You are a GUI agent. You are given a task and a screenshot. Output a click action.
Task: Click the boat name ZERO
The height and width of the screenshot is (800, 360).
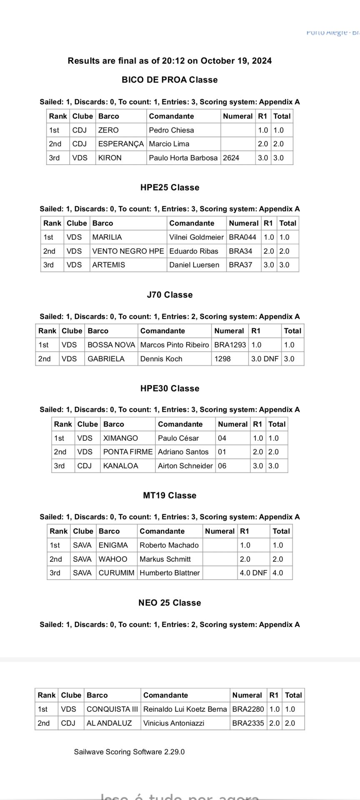pos(108,130)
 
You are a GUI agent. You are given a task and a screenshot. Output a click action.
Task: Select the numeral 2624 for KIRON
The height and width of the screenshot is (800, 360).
pos(231,158)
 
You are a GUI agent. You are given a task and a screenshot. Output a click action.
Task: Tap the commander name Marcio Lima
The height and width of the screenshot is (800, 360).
pos(169,144)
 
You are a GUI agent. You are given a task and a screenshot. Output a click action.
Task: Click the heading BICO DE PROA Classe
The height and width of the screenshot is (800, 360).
pos(170,80)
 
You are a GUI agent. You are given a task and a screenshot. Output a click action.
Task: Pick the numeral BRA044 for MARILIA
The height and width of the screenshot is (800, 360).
pos(242,237)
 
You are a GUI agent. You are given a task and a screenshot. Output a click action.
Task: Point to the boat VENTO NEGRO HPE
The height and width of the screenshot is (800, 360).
pos(128,251)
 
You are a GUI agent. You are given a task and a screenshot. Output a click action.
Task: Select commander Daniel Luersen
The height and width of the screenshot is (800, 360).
pos(194,265)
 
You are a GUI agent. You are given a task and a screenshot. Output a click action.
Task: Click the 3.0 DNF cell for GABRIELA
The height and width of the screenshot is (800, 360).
pos(265,359)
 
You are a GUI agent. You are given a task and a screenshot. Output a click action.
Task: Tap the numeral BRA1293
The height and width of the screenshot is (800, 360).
pos(230,345)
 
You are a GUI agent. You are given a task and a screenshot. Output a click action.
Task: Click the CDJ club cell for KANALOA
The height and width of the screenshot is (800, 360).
pos(85,466)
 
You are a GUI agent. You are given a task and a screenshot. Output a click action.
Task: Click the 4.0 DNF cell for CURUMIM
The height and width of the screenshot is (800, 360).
pos(253,573)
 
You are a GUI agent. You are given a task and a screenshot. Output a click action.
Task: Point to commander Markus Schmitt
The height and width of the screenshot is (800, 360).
pos(165,559)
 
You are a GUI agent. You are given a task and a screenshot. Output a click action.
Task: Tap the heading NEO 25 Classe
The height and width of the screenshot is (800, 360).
pos(170,602)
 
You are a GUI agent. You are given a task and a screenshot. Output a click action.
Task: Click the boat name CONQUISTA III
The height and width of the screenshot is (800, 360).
pos(112,709)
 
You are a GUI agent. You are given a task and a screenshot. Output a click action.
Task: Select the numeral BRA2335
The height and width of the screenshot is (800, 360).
pos(248,723)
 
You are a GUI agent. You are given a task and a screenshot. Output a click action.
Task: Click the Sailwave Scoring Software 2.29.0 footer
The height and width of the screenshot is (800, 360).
pos(129,752)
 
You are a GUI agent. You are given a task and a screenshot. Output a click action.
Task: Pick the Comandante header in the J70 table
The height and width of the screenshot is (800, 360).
pos(162,331)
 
